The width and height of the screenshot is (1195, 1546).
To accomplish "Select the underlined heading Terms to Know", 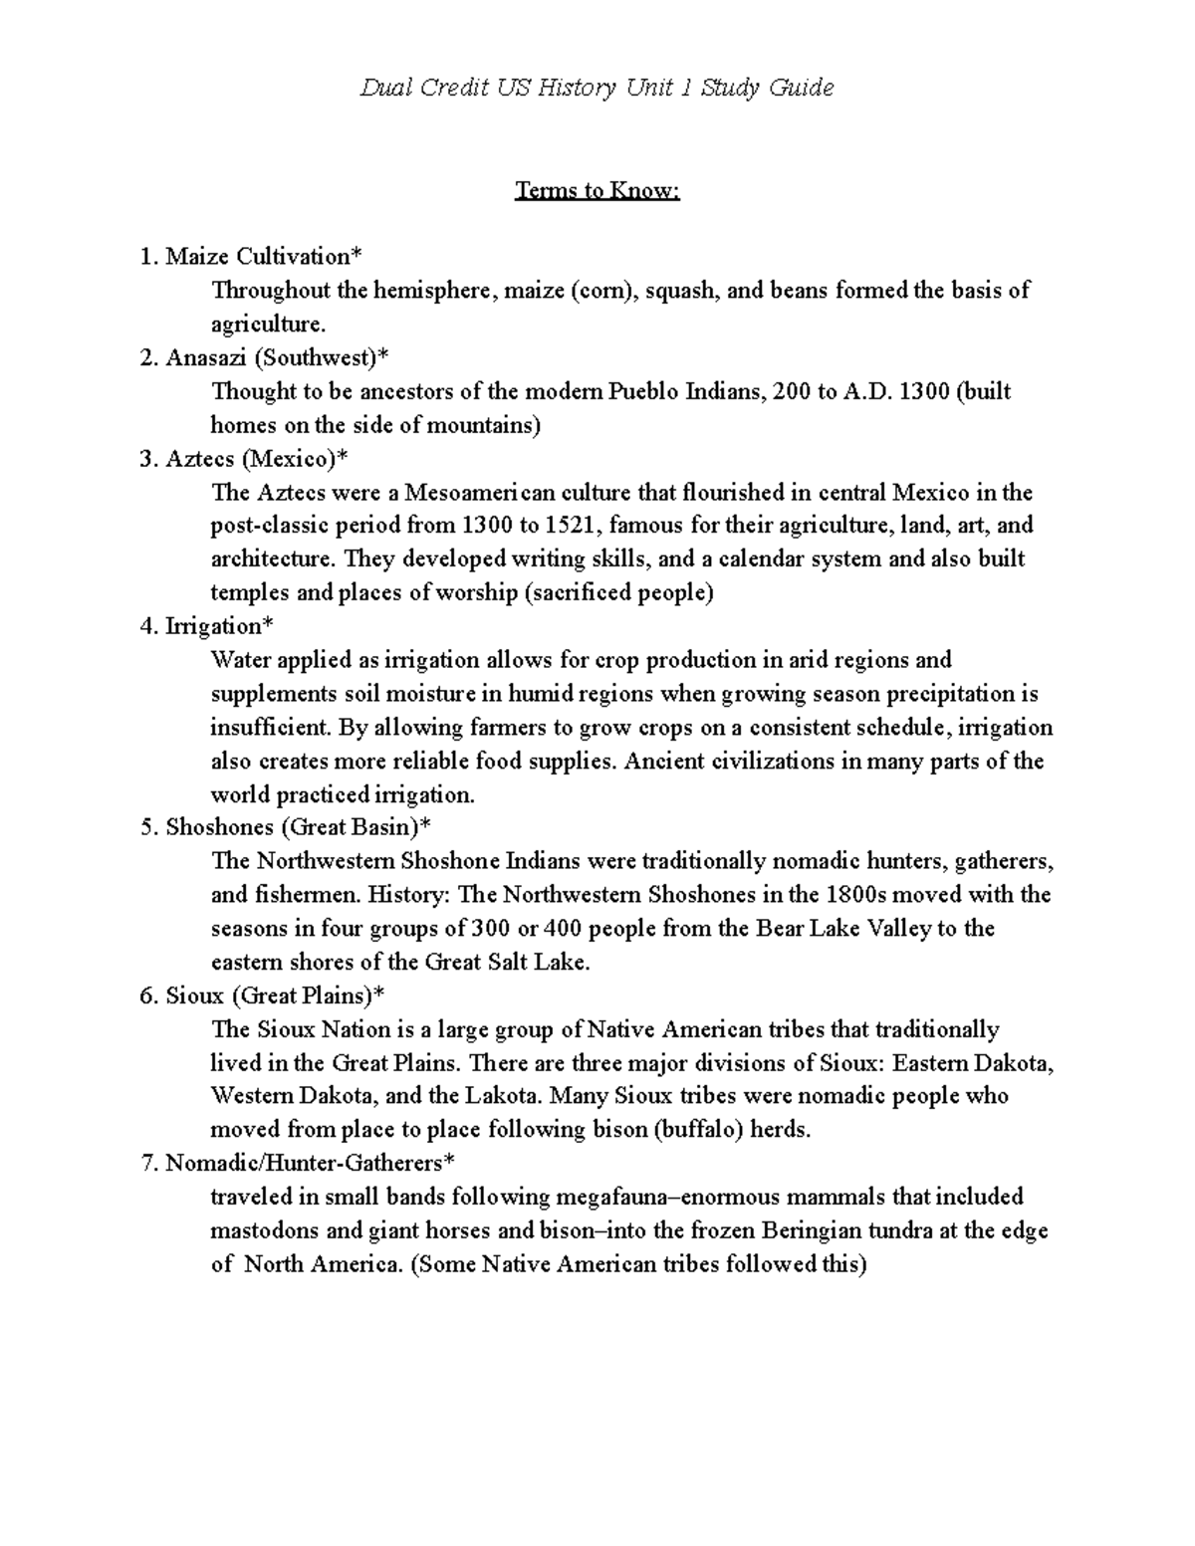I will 597,190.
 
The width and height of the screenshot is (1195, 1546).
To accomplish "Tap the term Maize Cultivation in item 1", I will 257,257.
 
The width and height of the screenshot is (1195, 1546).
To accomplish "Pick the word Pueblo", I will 644,391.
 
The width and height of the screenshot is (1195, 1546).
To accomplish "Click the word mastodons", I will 265,1230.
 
